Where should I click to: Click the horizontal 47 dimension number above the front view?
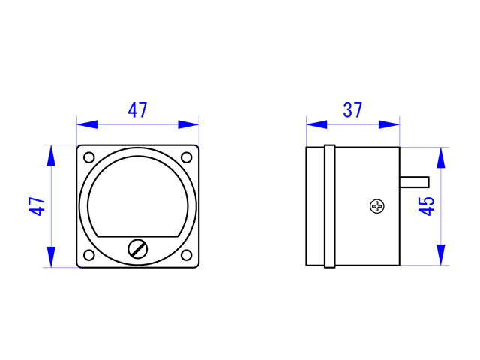(137, 110)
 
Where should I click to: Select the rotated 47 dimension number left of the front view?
(37, 206)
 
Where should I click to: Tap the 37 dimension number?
(352, 110)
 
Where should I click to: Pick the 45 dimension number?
(426, 206)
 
